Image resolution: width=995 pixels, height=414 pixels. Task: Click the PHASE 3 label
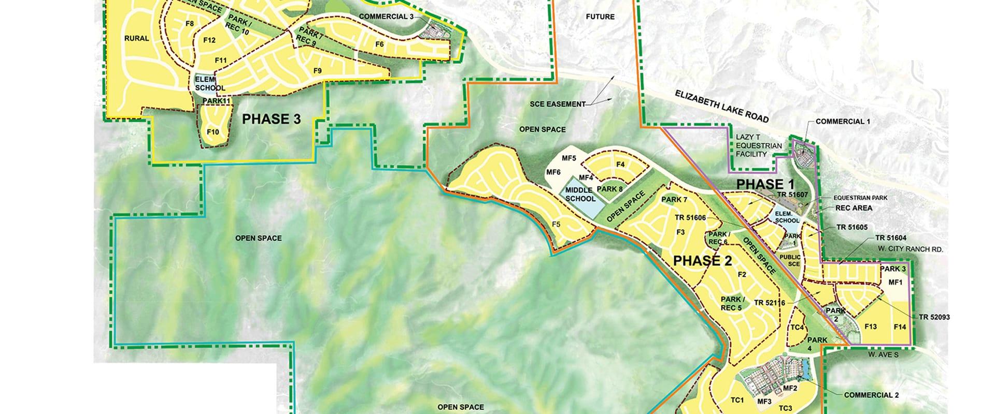272,120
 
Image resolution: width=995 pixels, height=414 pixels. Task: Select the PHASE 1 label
765,184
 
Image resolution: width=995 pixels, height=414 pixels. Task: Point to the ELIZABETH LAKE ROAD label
721,106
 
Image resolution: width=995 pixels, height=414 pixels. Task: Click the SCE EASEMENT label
557,104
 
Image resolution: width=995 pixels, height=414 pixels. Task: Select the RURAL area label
137,38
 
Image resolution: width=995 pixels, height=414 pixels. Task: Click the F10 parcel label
213,131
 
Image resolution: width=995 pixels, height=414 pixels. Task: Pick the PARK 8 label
609,189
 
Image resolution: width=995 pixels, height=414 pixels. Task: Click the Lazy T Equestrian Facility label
758,146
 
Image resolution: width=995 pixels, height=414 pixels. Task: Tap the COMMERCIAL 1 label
843,122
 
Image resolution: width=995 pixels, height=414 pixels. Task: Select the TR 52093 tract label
934,317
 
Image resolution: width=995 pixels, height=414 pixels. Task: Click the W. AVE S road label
884,355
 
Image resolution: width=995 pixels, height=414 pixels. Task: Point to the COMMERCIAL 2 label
871,395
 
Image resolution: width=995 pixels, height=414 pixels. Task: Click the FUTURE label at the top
600,17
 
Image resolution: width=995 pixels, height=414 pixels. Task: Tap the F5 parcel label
556,224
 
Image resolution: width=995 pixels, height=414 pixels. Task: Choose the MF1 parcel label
895,283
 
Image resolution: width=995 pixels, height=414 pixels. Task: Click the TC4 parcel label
797,328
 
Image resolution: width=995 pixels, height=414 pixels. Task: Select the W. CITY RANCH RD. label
910,249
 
